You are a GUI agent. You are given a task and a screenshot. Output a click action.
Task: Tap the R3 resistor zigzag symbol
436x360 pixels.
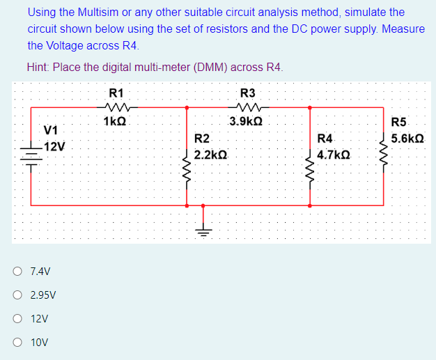coord(248,107)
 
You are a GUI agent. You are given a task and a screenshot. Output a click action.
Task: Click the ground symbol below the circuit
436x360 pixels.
coord(203,229)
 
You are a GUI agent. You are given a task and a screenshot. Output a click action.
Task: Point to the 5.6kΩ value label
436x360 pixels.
coord(407,139)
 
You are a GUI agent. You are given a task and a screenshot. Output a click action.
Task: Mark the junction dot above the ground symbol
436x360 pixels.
coord(203,206)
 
